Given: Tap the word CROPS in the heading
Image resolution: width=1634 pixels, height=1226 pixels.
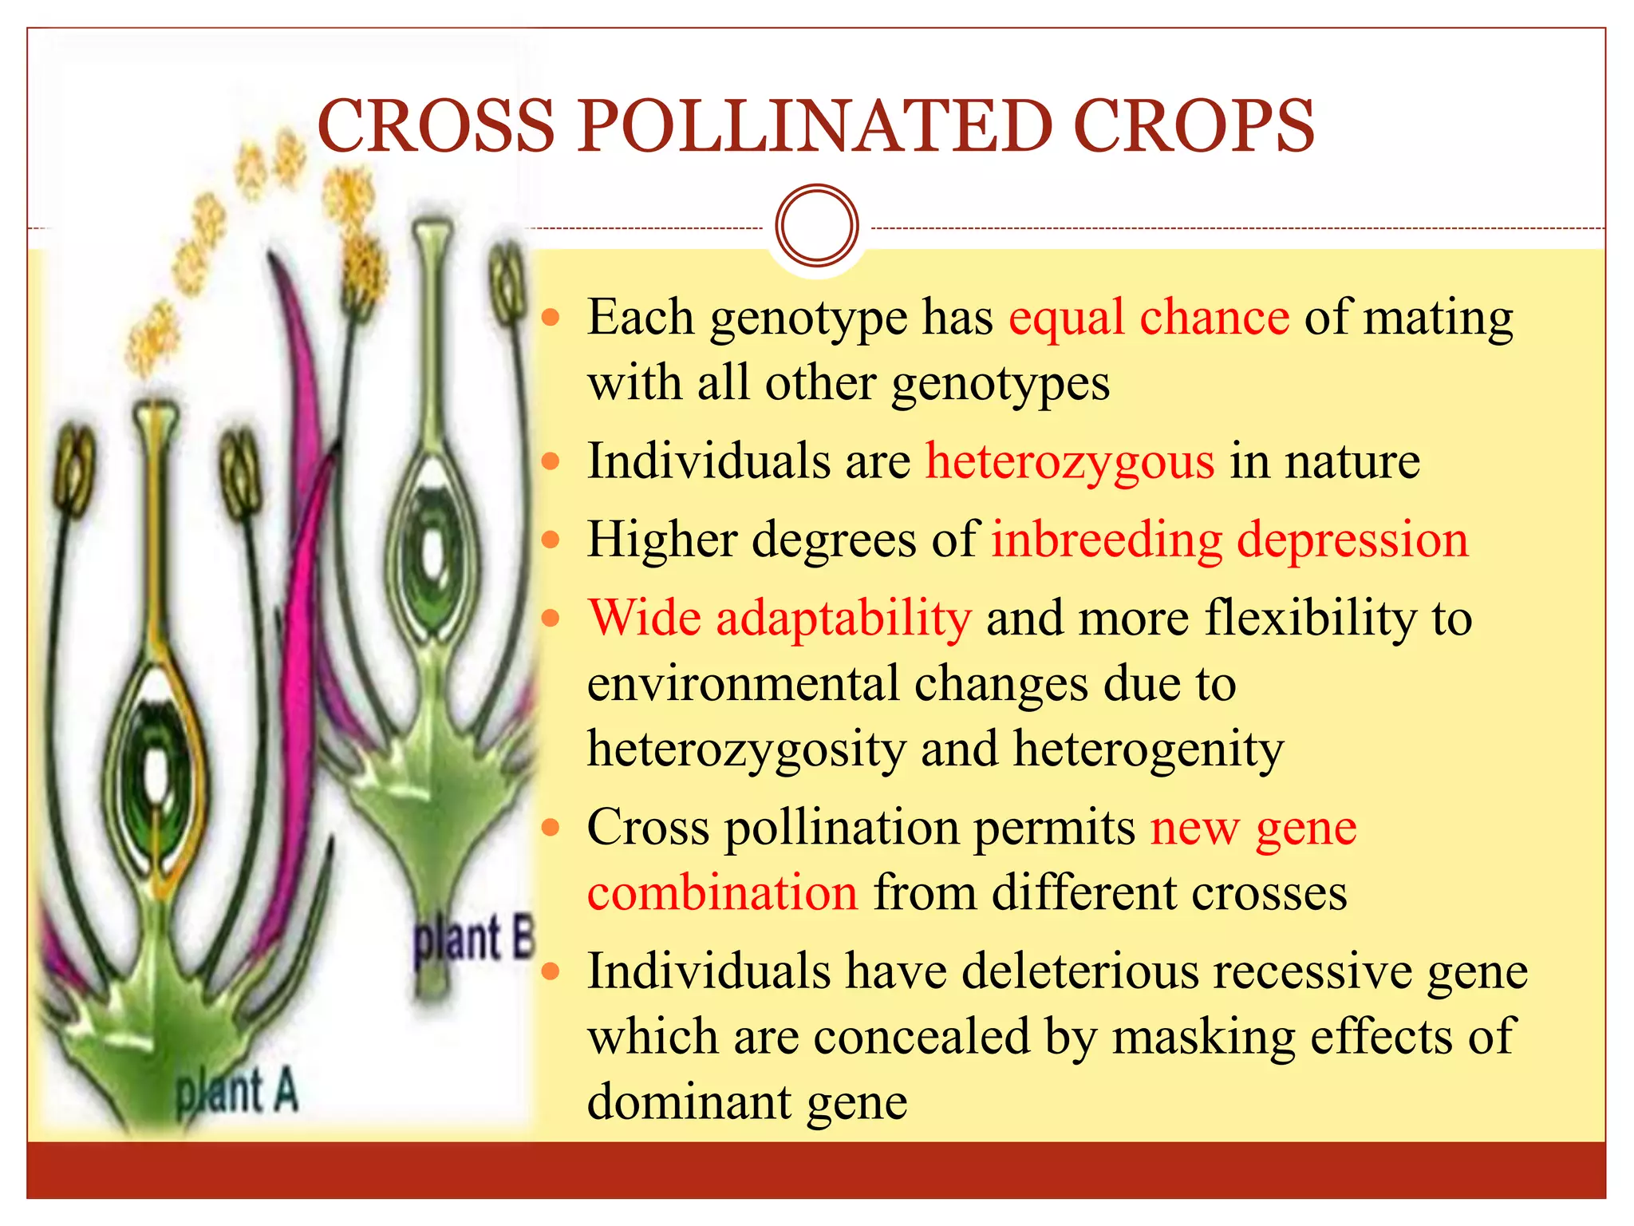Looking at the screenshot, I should pos(1194,126).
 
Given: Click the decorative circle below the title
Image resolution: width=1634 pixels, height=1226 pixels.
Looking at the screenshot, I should pos(816,225).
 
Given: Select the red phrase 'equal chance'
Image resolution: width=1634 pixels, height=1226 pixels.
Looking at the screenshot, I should pos(1149,318).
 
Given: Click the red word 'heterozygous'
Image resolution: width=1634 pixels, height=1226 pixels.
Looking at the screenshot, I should pos(1070,462).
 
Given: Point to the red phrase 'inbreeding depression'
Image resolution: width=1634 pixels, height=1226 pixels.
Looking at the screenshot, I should pos(1229,540).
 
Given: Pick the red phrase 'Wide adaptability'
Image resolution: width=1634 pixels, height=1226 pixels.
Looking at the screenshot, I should pos(780,619).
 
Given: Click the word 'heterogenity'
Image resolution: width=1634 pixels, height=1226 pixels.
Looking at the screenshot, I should pos(1149,749).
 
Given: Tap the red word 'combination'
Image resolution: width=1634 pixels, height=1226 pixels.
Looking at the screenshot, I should pos(723,892).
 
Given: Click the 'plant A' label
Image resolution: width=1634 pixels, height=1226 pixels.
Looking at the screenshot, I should pos(237,1092).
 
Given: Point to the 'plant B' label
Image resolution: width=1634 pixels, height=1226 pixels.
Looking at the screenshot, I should pos(472,939).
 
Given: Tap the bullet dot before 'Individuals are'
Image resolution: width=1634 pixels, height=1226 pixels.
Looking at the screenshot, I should pos(551,462).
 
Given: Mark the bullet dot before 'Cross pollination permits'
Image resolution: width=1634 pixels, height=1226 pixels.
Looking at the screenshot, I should pos(551,828).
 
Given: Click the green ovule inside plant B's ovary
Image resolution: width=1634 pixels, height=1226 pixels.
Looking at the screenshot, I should pos(432,551).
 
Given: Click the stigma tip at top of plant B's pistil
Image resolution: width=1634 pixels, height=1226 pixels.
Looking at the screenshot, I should pos(432,232).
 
